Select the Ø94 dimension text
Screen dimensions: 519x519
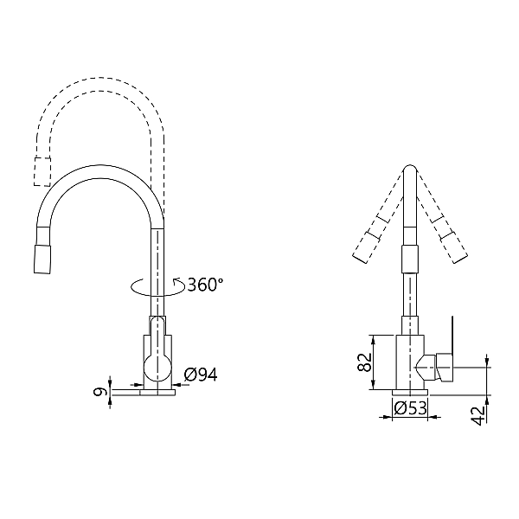pos(201,374)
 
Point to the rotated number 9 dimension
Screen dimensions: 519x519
pos(101,392)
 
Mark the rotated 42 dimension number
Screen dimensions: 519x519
pos(477,415)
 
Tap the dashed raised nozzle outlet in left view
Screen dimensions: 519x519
pos(39,172)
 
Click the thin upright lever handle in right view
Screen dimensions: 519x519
pos(451,333)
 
